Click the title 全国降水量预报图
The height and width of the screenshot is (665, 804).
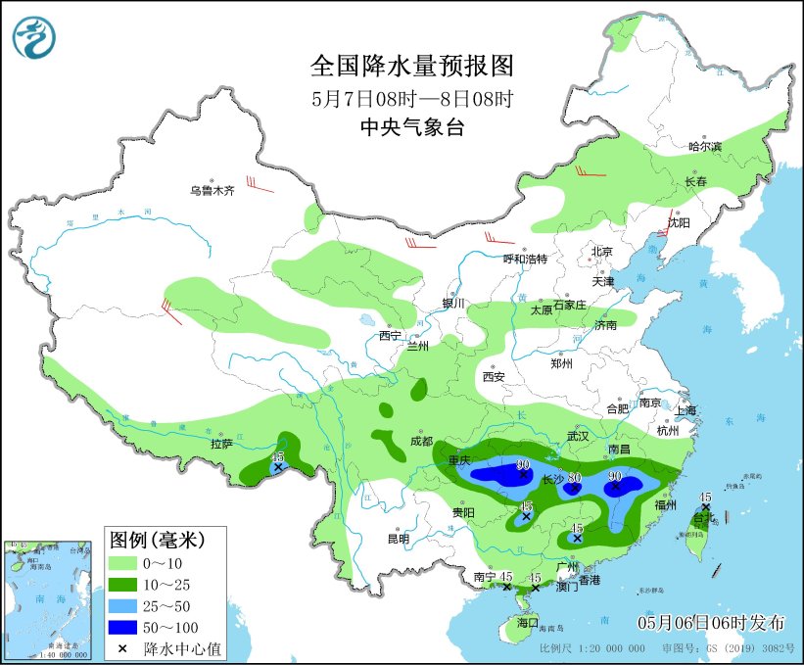point(411,66)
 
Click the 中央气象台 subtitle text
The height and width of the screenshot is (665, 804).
point(411,126)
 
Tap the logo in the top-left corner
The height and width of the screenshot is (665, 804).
point(34,36)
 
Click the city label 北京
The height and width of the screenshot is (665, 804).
point(601,252)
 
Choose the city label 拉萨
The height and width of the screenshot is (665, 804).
point(221,444)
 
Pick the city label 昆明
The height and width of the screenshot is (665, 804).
point(398,539)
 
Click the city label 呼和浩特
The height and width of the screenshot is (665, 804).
point(525,259)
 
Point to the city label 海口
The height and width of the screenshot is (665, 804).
point(528,622)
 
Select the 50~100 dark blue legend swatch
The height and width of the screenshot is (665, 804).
point(121,627)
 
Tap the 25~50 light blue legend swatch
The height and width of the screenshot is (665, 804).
point(121,605)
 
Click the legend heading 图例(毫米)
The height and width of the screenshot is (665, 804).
point(157,539)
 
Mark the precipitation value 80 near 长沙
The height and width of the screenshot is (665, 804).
point(575,477)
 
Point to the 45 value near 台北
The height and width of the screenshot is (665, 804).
point(705,497)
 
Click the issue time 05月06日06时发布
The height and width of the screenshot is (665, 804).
point(711,622)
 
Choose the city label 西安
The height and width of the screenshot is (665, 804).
point(493,376)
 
